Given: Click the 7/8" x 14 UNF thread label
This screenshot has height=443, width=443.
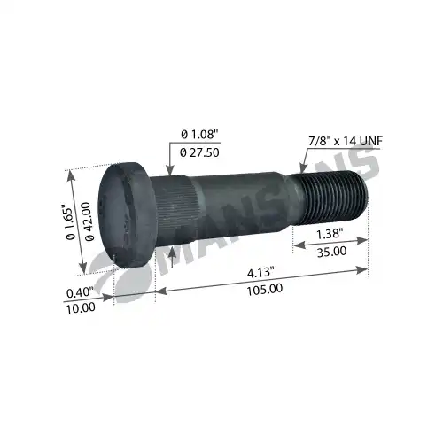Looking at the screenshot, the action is (346, 141).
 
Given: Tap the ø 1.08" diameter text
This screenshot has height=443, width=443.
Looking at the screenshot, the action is (199, 135).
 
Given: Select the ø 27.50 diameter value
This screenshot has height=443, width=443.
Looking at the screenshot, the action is (199, 152).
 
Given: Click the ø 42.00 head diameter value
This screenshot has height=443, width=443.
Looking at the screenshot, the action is (89, 221).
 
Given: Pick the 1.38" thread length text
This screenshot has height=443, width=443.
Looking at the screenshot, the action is (330, 234).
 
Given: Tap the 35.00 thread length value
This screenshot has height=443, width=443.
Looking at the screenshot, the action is (331, 252).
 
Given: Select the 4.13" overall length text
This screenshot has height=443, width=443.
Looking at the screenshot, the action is (259, 272).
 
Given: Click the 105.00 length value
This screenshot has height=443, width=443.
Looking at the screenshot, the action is (265, 289).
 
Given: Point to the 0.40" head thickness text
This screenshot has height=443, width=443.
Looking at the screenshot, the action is (80, 292).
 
